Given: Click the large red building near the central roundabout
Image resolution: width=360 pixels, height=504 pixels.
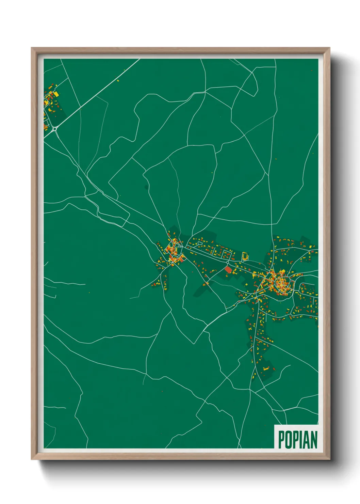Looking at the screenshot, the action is [228, 270].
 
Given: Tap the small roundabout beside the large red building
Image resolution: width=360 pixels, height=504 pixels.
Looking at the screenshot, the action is [227, 263].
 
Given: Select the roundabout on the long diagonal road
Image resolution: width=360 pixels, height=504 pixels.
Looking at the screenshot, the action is [54, 129].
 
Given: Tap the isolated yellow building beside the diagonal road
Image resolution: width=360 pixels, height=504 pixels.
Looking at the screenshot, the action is [118, 81].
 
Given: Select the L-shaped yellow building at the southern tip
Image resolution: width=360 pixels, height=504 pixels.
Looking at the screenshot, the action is [266, 368].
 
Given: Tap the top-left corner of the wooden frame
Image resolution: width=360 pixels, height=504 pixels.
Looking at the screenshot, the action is [32, 48].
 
